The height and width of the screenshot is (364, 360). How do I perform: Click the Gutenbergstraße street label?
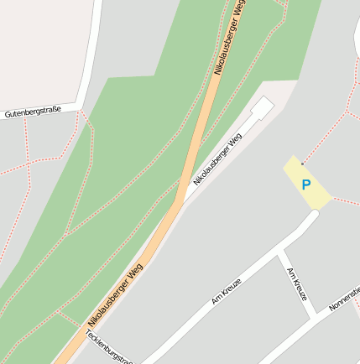33,111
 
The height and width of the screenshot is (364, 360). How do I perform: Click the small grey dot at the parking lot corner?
302,164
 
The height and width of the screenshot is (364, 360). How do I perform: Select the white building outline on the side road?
262,109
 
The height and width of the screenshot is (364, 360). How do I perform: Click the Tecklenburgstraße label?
109,346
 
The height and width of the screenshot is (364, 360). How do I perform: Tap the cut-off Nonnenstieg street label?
345,299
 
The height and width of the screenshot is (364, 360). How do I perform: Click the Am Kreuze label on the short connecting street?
297,284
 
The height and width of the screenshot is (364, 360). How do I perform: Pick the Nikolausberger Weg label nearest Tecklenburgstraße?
115,294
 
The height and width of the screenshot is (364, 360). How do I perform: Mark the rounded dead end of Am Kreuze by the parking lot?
313,216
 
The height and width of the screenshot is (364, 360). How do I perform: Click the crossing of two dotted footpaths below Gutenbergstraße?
29,164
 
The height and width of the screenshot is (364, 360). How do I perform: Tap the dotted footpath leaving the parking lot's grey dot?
323,138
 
